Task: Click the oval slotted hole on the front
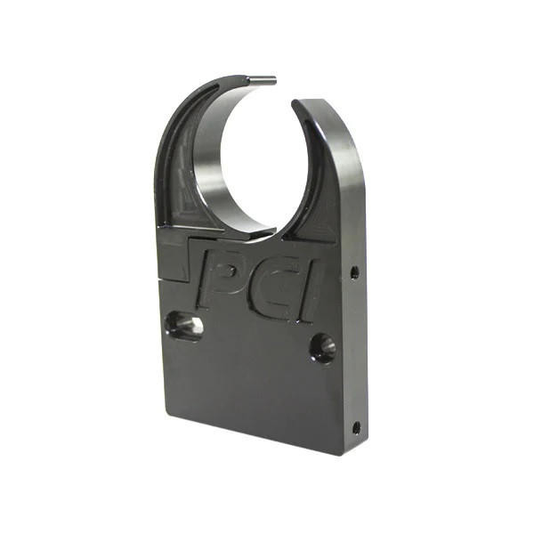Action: [x=185, y=326]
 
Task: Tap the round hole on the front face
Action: [x=322, y=347]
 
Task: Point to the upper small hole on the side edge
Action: [x=354, y=271]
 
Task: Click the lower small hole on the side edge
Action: [x=356, y=427]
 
